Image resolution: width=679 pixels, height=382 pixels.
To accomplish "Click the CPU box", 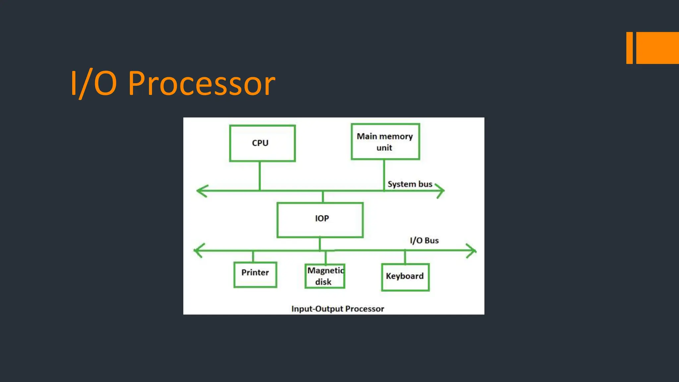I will [262, 143].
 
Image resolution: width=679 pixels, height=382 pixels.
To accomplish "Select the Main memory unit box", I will [385, 142].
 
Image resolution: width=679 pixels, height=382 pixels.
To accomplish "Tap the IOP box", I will [320, 220].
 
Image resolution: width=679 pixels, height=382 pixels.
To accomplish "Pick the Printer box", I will [255, 275].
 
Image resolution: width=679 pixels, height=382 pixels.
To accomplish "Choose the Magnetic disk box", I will [325, 276].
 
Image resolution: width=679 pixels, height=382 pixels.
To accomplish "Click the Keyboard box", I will [405, 277].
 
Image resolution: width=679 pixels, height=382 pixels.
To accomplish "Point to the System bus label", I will [410, 184].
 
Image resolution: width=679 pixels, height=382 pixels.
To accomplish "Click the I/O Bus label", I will [424, 240].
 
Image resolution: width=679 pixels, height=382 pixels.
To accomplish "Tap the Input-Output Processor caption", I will [338, 309].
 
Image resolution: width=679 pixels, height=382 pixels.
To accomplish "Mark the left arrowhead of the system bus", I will [201, 191].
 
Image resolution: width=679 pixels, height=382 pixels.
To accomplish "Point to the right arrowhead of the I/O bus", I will [472, 251].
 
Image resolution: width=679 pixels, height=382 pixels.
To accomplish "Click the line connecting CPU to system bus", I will [260, 176].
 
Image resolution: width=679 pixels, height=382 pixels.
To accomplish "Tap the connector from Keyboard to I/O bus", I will [405, 257].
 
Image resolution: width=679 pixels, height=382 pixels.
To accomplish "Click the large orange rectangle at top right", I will [657, 48].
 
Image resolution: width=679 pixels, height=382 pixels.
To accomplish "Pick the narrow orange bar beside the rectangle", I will [629, 48].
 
